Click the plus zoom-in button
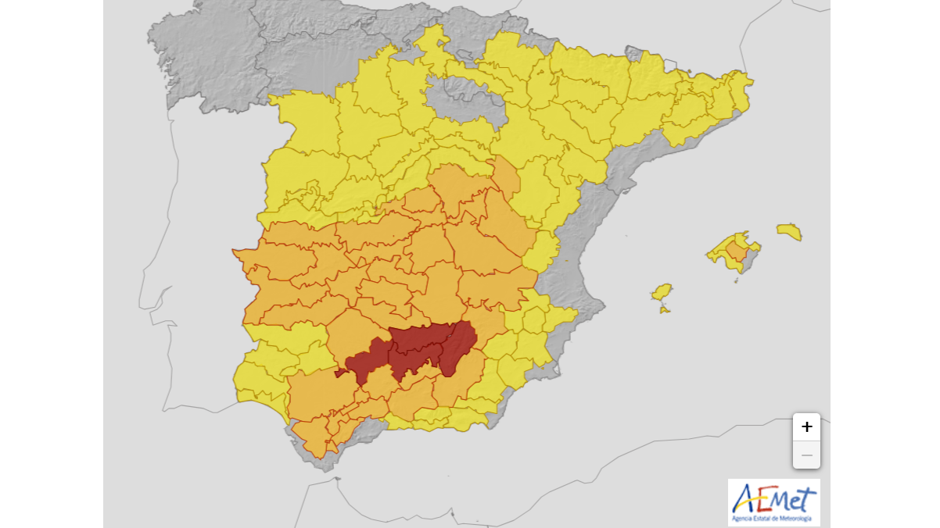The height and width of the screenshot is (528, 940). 806,427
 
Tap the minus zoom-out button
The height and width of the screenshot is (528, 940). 806,455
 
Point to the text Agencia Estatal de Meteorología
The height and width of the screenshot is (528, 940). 773,518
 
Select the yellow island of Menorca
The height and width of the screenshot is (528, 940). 789,231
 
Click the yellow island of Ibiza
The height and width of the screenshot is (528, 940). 662,292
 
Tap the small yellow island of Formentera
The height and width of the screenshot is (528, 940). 665,310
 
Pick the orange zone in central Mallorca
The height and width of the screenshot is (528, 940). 736,251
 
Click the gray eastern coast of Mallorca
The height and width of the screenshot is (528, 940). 752,257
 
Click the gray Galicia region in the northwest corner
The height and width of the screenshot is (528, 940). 203,55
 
